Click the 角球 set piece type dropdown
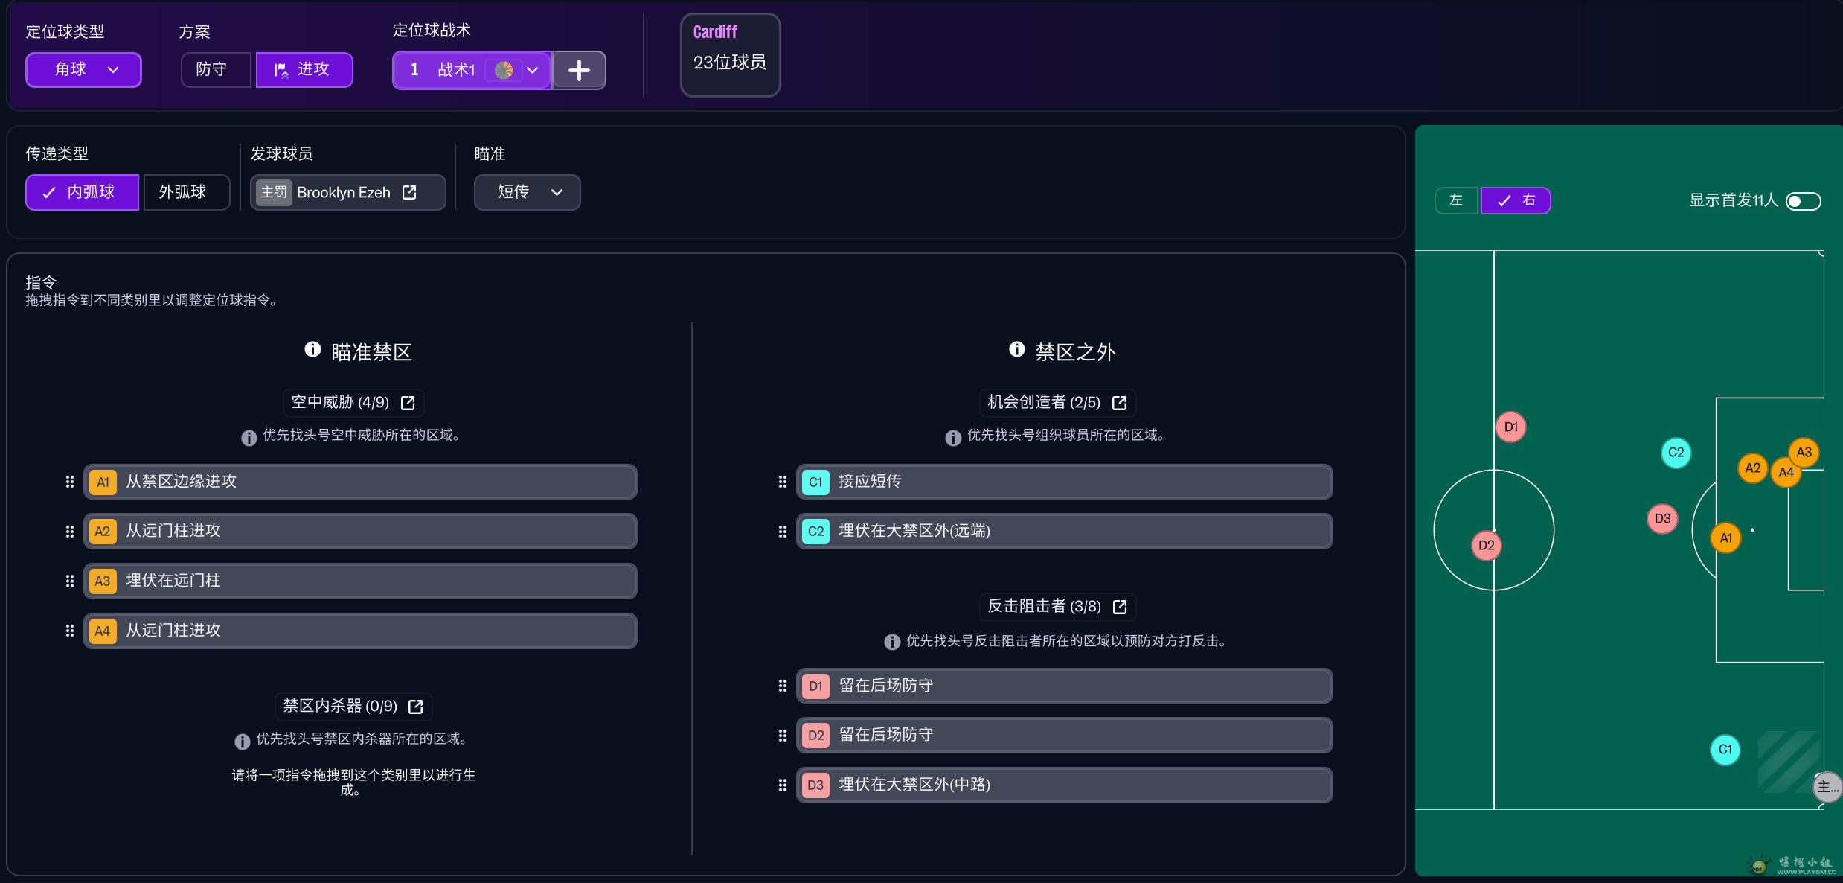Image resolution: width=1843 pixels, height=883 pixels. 83,70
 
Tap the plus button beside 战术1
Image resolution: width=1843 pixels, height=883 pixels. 579,71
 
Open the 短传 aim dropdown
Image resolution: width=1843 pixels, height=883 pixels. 527,192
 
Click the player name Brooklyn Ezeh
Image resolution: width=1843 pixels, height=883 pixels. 344,193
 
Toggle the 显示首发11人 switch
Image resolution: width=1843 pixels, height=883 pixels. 1804,201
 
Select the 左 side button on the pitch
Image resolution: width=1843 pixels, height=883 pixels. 1456,200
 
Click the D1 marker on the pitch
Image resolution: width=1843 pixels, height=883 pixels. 1510,427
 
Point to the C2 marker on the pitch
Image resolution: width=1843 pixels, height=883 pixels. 1676,453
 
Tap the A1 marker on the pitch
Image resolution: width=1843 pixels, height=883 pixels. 1725,538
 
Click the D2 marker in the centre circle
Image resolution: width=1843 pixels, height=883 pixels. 1486,546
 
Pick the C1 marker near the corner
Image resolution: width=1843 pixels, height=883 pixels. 1725,750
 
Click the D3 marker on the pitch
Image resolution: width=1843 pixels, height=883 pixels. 1662,519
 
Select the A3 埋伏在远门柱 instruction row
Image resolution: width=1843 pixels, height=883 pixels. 360,581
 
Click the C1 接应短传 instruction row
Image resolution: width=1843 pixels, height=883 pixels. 1064,482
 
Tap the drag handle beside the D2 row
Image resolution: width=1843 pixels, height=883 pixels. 782,736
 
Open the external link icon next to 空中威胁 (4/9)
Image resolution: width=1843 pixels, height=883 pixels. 408,403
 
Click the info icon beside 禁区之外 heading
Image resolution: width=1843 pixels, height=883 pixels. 1016,349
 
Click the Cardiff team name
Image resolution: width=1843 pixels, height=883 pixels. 715,32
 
